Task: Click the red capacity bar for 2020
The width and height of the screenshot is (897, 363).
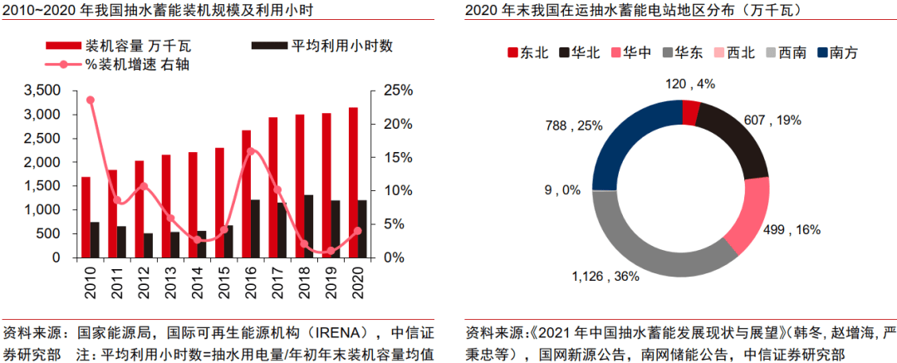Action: tap(353, 183)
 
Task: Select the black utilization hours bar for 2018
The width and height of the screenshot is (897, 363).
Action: tap(308, 226)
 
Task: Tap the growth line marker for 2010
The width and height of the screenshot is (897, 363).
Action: tap(90, 100)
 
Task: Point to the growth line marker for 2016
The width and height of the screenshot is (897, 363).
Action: tap(252, 151)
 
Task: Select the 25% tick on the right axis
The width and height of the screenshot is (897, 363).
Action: tap(396, 90)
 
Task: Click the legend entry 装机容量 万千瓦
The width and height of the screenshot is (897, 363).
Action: tap(120, 46)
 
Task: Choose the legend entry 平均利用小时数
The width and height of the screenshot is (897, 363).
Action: tap(326, 46)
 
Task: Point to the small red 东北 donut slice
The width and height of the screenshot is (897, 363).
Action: tap(690, 112)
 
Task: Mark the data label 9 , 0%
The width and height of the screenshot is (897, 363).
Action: tap(561, 190)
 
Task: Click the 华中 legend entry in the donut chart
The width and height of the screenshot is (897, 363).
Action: tap(631, 53)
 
